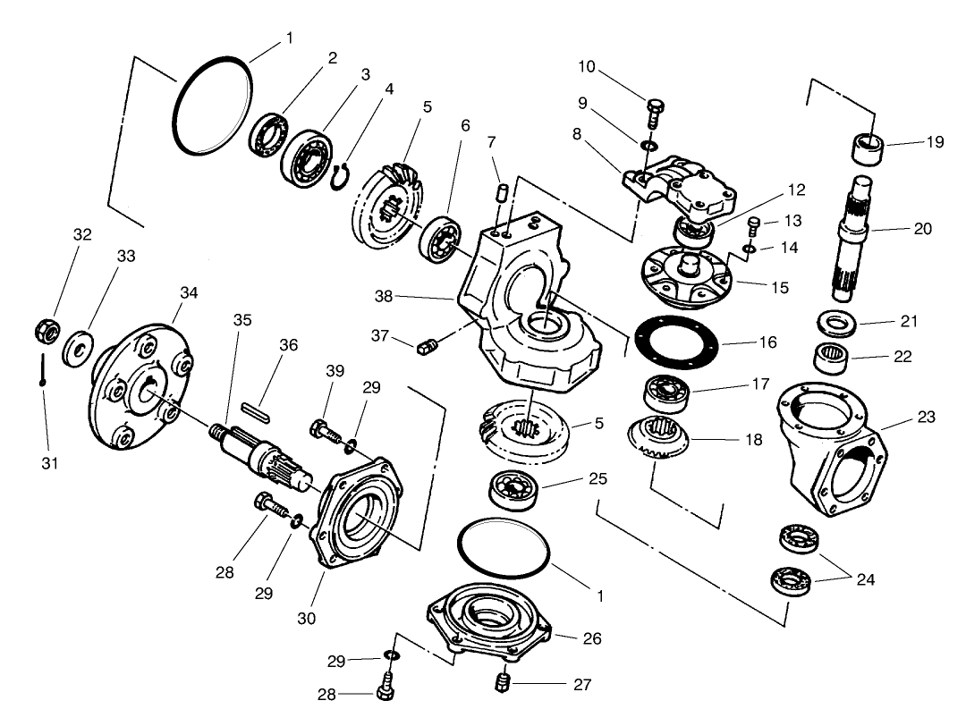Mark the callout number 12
click(x=795, y=190)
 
